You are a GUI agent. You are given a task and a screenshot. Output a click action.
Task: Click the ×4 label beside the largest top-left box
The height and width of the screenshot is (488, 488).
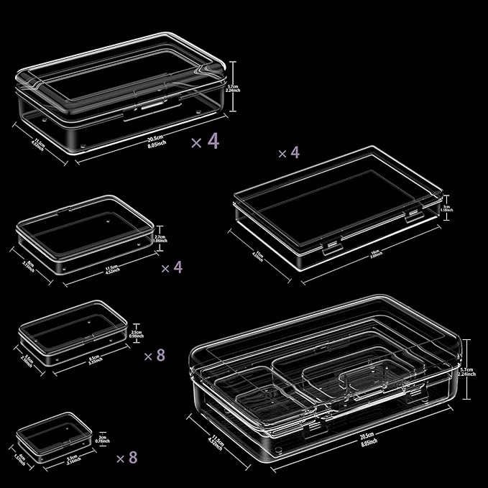click(206, 141)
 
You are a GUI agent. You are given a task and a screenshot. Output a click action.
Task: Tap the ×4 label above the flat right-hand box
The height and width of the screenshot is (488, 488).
click(288, 153)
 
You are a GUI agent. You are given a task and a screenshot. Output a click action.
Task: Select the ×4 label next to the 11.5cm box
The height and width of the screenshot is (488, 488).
click(172, 267)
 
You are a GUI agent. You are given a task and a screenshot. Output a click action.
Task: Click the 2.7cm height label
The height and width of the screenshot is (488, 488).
click(160, 239)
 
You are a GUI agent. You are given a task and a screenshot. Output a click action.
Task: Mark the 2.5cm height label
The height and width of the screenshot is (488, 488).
click(135, 333)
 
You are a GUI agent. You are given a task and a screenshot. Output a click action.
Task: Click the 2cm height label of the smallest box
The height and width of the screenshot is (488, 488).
click(102, 438)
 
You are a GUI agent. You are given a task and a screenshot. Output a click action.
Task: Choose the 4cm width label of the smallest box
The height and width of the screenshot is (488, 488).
click(20, 456)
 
